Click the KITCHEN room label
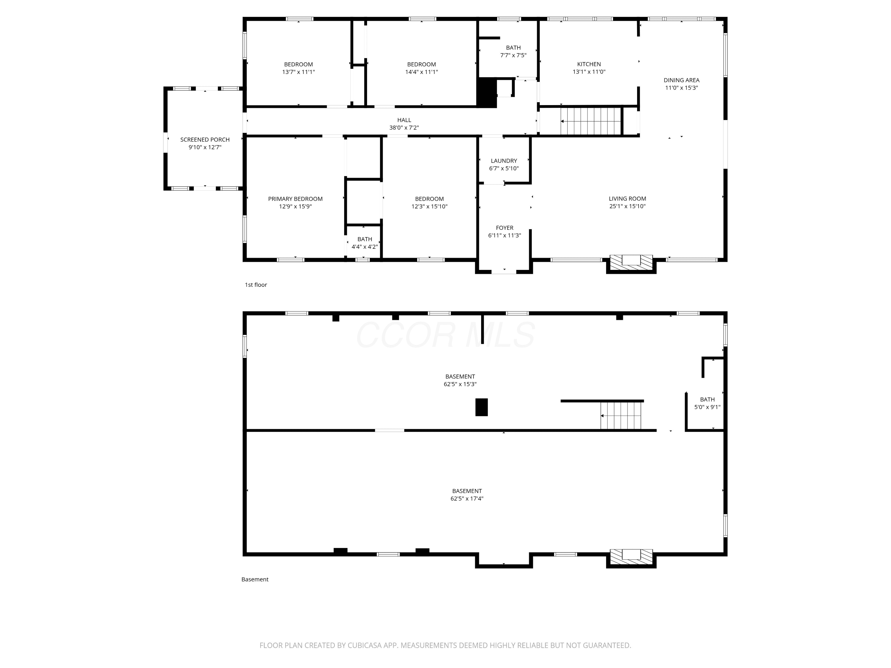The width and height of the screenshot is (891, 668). pyautogui.click(x=589, y=64)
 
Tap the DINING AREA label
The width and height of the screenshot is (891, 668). pyautogui.click(x=682, y=80)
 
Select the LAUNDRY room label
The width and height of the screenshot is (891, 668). pyautogui.click(x=504, y=161)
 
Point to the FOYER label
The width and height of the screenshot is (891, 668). pyautogui.click(x=505, y=228)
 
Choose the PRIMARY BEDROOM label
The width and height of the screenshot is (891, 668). pyautogui.click(x=295, y=199)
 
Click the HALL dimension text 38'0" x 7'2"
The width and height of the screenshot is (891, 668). pyautogui.click(x=404, y=128)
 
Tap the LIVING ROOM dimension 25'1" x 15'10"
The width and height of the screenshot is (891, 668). pyautogui.click(x=628, y=206)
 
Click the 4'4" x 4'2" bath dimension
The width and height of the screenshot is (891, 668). pyautogui.click(x=364, y=247)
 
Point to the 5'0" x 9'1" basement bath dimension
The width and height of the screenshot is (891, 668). pyautogui.click(x=707, y=407)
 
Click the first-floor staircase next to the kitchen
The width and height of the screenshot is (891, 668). pyautogui.click(x=590, y=121)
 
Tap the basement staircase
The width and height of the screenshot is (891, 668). pyautogui.click(x=621, y=416)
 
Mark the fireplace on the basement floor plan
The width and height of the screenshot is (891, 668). pyautogui.click(x=631, y=557)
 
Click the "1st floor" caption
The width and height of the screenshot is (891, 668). pyautogui.click(x=256, y=285)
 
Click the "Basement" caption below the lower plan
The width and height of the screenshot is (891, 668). pyautogui.click(x=255, y=580)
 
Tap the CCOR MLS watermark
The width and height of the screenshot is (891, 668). pyautogui.click(x=445, y=335)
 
